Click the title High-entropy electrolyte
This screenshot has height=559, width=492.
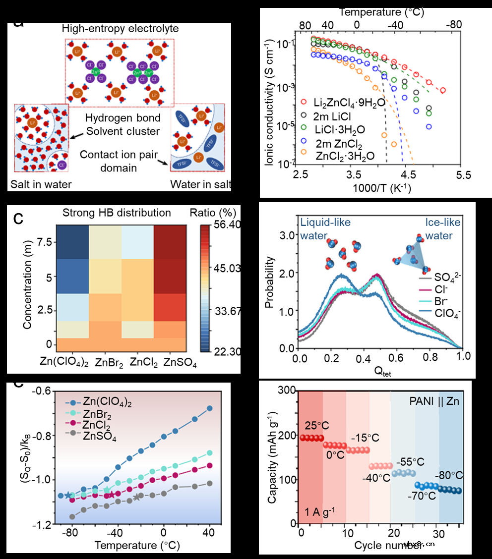(120, 29)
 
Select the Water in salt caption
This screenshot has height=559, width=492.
(200, 184)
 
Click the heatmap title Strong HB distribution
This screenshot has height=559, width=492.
(117, 213)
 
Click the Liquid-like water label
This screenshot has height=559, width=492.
(324, 228)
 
